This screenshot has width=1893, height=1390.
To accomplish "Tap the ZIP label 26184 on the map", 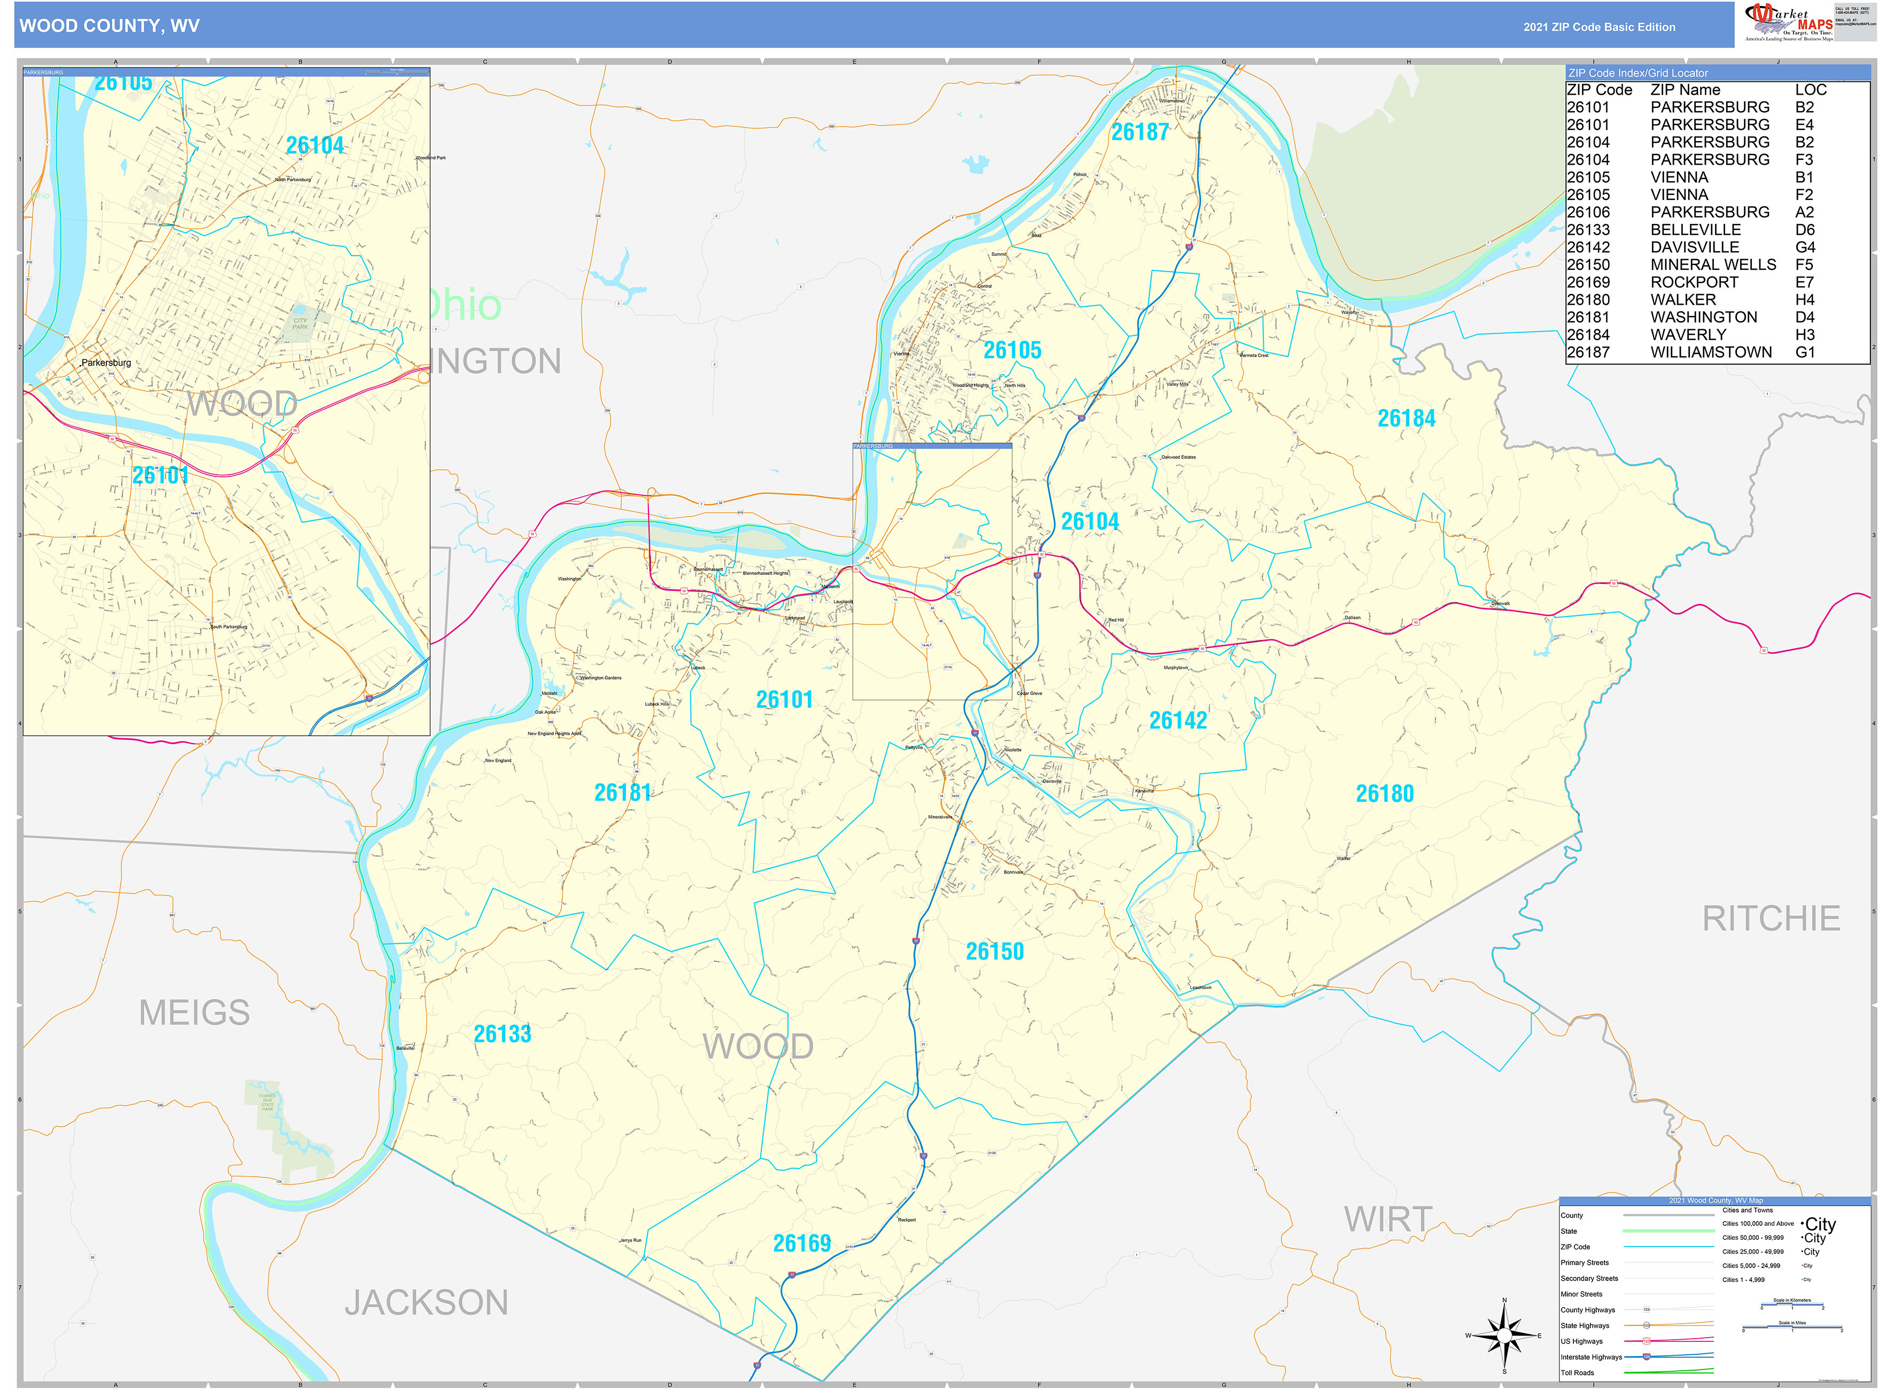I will click(x=1406, y=418).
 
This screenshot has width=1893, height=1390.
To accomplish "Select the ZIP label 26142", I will click(x=1178, y=720).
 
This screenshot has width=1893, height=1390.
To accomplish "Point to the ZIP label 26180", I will click(x=1384, y=793).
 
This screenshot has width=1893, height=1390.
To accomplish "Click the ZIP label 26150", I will click(x=994, y=952).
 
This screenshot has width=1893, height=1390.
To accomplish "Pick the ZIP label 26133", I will click(x=503, y=1034).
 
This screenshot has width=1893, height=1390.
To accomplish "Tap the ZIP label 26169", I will click(x=802, y=1244).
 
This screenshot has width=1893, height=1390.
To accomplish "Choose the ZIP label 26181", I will click(x=623, y=793).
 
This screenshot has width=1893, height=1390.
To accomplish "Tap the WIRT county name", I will click(x=1387, y=1220).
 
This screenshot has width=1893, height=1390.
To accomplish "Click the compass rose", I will click(x=1504, y=1335).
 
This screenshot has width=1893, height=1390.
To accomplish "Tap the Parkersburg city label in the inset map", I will click(x=106, y=362).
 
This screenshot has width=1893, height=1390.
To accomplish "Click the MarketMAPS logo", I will click(x=1788, y=22).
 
